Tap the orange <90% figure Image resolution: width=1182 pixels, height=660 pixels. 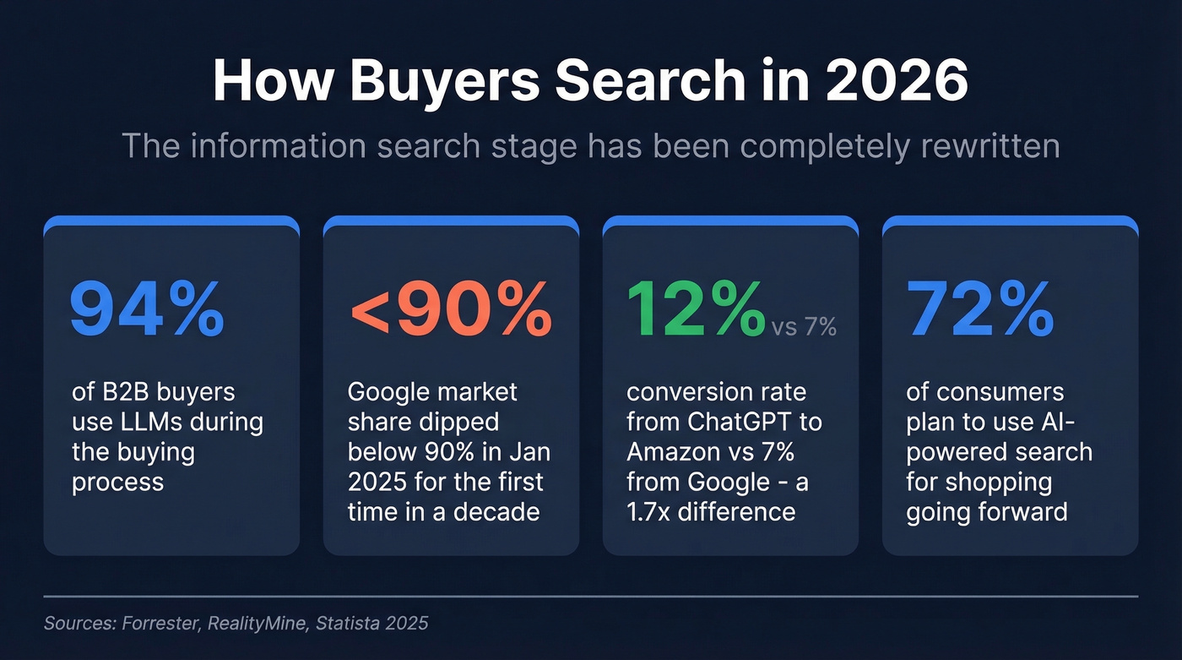coord(450,310)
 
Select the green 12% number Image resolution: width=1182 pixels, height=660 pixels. coord(694,310)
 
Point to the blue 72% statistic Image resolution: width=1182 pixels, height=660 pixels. coord(980,310)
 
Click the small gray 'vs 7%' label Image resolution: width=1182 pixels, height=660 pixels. coord(803,327)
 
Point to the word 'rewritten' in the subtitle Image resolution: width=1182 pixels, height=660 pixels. coord(984,145)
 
